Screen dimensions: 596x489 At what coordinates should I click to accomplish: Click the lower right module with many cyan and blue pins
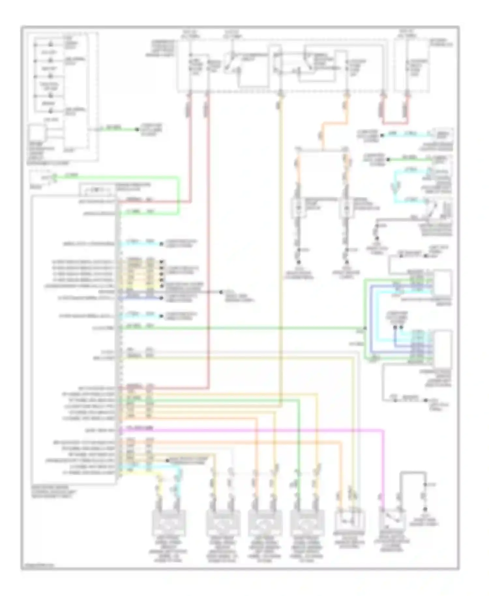tap(442, 349)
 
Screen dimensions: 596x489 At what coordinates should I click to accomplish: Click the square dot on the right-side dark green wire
tap(388, 160)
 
